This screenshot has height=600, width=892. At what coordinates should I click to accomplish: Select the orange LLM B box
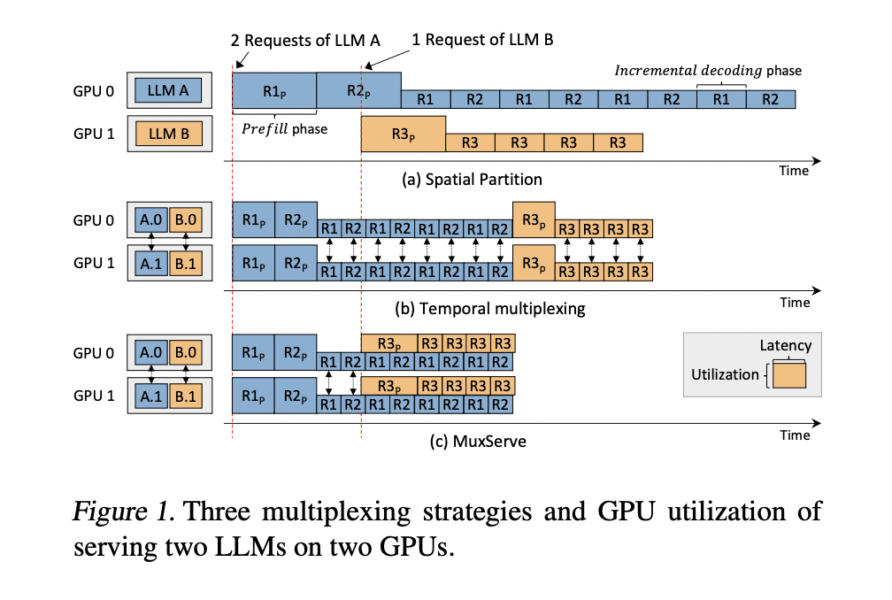[169, 135]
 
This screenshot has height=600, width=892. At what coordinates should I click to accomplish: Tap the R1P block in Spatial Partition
[274, 90]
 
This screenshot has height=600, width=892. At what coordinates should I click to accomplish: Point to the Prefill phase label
[284, 129]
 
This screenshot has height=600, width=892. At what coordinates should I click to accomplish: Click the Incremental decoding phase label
[709, 70]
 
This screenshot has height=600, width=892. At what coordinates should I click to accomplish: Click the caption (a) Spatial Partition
[473, 179]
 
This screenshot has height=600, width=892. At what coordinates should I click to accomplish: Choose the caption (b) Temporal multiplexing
[490, 310]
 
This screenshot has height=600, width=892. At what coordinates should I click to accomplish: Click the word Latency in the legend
[785, 346]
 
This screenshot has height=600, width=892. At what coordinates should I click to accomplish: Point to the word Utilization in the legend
[725, 374]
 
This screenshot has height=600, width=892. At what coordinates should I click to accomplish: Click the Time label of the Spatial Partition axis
[794, 171]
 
